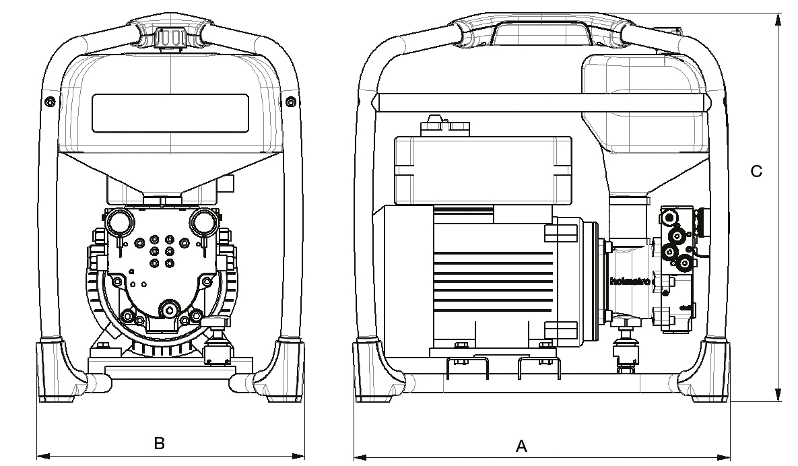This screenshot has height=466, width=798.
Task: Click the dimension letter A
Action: [521, 446]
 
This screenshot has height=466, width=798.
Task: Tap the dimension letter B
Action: [160, 443]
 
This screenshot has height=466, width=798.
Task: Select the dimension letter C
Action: [757, 172]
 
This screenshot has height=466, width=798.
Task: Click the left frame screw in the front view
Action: [48, 101]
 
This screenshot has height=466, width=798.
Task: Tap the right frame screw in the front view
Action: [290, 101]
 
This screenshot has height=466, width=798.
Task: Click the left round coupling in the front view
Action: [120, 221]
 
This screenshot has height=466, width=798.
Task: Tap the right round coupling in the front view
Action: [202, 221]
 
